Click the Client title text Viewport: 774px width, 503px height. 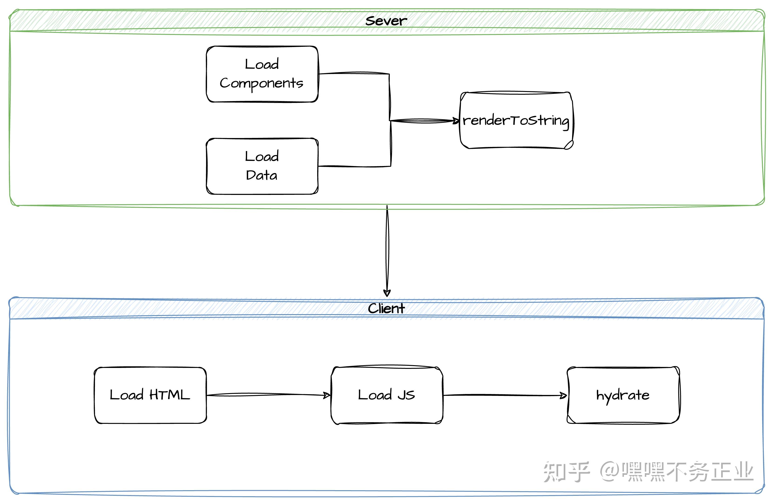pyautogui.click(x=386, y=308)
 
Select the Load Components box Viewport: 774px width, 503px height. pyautogui.click(x=262, y=74)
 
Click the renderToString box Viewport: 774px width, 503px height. pyautogui.click(x=516, y=120)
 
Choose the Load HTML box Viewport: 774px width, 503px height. pyautogui.click(x=150, y=395)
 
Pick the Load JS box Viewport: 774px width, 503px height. pyautogui.click(x=387, y=395)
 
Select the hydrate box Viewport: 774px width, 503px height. pyautogui.click(x=623, y=395)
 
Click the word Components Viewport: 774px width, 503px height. pyautogui.click(x=261, y=83)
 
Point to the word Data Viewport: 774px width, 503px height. pyautogui.click(x=261, y=176)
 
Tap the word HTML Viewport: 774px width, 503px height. pyautogui.click(x=170, y=395)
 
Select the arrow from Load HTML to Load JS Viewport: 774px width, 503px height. pyautogui.click(x=268, y=395)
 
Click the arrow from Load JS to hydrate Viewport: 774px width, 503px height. pyautogui.click(x=505, y=395)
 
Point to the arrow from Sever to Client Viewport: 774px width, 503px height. pyautogui.click(x=387, y=250)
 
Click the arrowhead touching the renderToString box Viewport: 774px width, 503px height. pyautogui.click(x=456, y=121)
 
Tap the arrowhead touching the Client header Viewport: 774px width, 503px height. pyautogui.click(x=387, y=293)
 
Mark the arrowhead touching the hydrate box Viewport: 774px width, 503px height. pyautogui.click(x=563, y=395)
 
